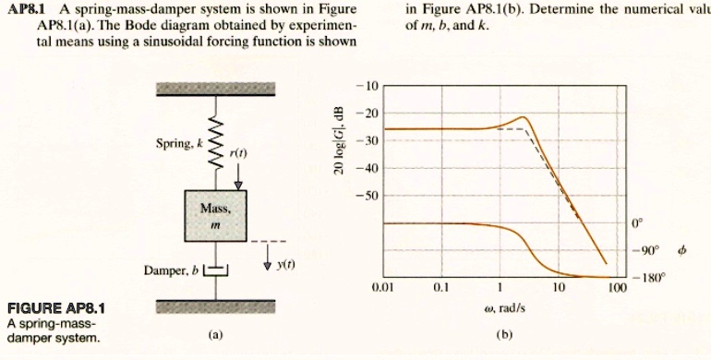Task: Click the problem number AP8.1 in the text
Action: point(25,9)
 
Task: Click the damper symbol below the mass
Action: point(215,270)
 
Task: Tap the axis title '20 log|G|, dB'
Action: point(339,142)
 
